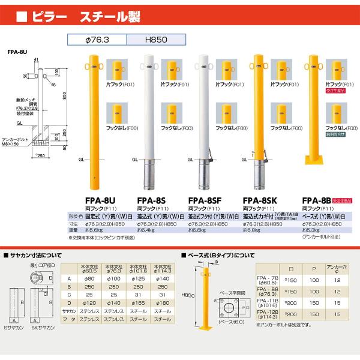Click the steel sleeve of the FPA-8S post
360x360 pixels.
[148, 175]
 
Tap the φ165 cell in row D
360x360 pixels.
[139, 304]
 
